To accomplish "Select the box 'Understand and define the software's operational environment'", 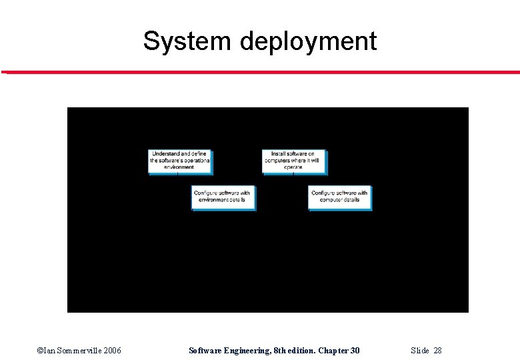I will tap(179, 161).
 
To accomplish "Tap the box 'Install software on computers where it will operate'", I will tap(293, 161).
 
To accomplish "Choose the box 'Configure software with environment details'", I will tap(223, 197).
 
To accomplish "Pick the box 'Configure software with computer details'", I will tap(339, 197).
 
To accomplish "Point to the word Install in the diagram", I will tap(279, 154).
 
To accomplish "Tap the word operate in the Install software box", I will tap(293, 167).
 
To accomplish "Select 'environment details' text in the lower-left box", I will tap(222, 200).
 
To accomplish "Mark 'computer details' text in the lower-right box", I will tap(339, 200).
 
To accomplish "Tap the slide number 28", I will tap(437, 351).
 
